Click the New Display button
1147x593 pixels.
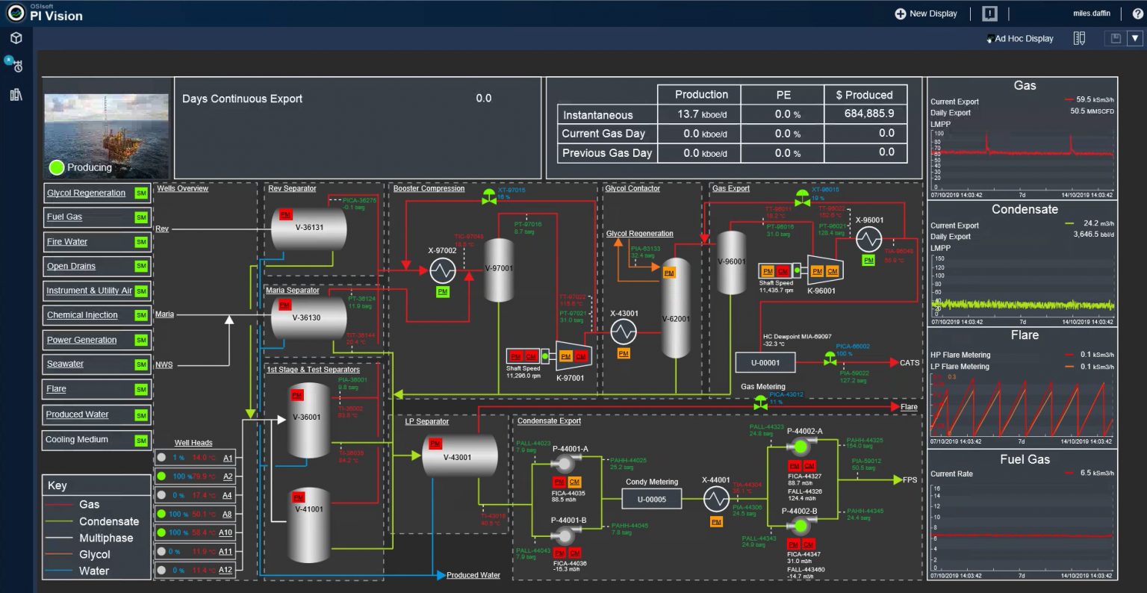tap(926, 13)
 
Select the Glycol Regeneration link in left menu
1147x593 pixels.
tap(86, 193)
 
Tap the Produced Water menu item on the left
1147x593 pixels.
tap(77, 415)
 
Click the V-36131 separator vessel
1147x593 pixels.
tap(308, 228)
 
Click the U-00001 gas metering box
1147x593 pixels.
tap(765, 363)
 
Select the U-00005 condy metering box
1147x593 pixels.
tap(651, 499)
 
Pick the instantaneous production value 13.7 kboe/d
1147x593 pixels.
tap(702, 114)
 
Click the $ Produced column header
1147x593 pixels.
tap(864, 95)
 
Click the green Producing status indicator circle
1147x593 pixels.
tap(57, 167)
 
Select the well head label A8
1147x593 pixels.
tap(226, 514)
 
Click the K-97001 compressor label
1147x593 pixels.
tap(571, 378)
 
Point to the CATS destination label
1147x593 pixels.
tap(910, 363)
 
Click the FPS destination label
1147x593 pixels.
tap(910, 479)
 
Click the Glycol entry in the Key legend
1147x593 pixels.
tap(95, 554)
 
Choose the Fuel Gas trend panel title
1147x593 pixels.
tap(1025, 459)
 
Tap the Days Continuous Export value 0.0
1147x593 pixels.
tap(483, 98)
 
